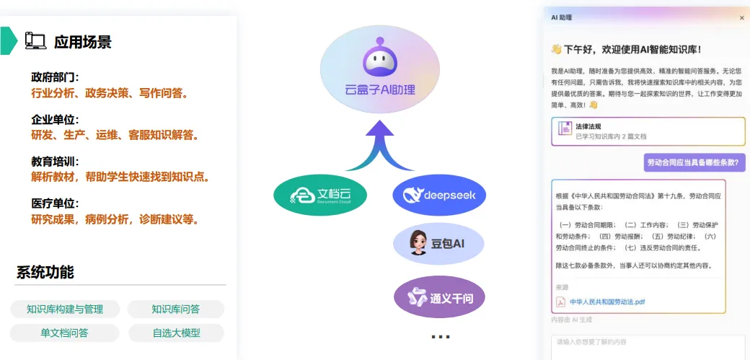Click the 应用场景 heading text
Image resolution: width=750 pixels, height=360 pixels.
[83, 42]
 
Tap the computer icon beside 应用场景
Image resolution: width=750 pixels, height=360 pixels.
[35, 41]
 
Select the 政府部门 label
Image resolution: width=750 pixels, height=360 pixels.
[55, 77]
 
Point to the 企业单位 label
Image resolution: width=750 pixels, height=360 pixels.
[55, 119]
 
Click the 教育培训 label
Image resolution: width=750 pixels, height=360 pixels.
[55, 161]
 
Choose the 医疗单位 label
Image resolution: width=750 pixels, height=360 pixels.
[55, 203]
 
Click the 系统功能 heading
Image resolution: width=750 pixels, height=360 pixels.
[45, 273]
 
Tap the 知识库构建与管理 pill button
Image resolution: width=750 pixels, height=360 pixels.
[65, 309]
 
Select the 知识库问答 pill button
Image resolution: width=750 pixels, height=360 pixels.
[176, 309]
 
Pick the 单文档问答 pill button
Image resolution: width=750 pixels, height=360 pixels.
[65, 333]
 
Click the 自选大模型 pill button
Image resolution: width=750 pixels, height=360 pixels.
[176, 333]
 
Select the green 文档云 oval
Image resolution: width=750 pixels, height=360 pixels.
[320, 195]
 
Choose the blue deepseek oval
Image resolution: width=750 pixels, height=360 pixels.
[439, 194]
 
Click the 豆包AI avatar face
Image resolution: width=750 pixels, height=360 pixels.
[418, 243]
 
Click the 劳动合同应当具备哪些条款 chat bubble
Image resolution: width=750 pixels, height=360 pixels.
[694, 162]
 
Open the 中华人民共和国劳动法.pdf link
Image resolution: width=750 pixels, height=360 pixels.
[607, 302]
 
